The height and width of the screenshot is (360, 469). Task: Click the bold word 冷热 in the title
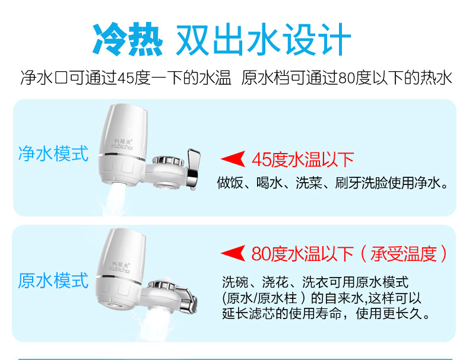(x=128, y=39)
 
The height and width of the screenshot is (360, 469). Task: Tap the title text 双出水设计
(x=263, y=39)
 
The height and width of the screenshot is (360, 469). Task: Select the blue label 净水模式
(x=53, y=154)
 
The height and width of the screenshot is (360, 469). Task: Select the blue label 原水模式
(x=53, y=281)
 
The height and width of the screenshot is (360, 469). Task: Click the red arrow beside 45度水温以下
(x=233, y=159)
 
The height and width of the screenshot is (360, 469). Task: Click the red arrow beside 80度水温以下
(x=233, y=254)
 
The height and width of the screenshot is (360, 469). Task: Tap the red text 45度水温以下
(x=303, y=160)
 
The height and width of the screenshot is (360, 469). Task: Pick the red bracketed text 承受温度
(x=404, y=254)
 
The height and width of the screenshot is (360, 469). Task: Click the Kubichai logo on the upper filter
(x=122, y=144)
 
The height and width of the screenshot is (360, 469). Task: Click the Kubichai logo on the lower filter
(x=120, y=268)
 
